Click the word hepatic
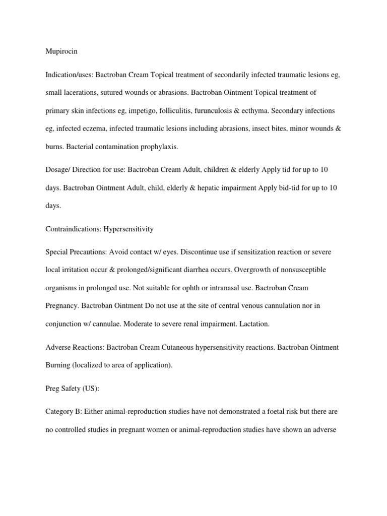[x=203, y=187]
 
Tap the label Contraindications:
[x=73, y=229]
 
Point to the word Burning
[x=57, y=365]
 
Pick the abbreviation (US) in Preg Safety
[x=95, y=389]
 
